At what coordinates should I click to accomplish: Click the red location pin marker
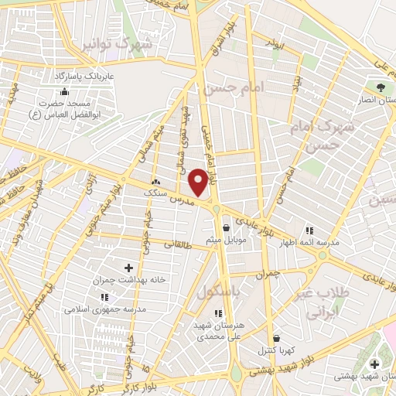coord(199,182)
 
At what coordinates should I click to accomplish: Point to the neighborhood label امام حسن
coord(234,89)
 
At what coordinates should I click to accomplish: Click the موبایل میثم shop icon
coord(225,227)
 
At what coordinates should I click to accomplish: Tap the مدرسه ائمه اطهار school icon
coord(309,230)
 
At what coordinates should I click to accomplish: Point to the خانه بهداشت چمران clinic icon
coord(128,268)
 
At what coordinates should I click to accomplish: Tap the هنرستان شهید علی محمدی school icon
coord(218,313)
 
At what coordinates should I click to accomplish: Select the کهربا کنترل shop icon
coord(276,338)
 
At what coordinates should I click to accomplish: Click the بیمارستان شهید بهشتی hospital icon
coord(375,364)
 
